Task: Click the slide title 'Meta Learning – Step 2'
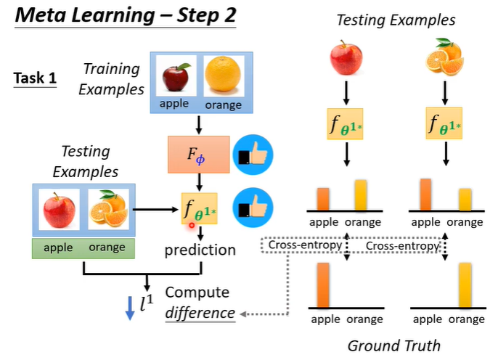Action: (123, 16)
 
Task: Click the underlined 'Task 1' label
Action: (34, 78)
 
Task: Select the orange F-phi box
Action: (198, 153)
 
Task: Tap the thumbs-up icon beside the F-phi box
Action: (251, 153)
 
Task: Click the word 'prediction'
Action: (200, 250)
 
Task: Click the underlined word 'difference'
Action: (199, 314)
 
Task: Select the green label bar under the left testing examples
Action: (83, 247)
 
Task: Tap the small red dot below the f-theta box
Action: (192, 226)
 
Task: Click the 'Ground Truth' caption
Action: (393, 345)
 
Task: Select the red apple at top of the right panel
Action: (346, 57)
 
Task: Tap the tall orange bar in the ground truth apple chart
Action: (323, 285)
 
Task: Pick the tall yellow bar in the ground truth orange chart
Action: (463, 285)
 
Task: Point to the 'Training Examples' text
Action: (110, 79)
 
